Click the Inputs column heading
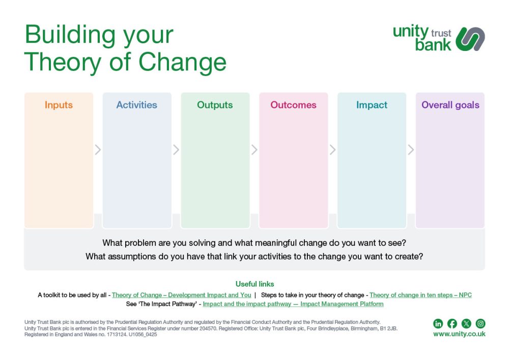click(x=59, y=105)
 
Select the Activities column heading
click(x=136, y=105)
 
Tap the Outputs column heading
click(x=215, y=105)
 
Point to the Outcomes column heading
click(x=294, y=105)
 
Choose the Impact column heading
click(x=372, y=105)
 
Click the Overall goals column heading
click(x=450, y=105)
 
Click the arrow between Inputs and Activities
click(x=98, y=150)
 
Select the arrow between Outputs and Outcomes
click(x=254, y=150)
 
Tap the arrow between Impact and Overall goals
click(x=411, y=150)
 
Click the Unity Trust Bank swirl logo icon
click(x=470, y=39)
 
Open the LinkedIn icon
click(x=438, y=323)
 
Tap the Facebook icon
click(x=452, y=323)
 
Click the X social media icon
click(x=466, y=323)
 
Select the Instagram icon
click(x=480, y=323)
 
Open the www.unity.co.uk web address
click(x=459, y=334)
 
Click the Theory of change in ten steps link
click(x=420, y=295)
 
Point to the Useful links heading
click(x=255, y=284)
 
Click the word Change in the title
click(x=182, y=62)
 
